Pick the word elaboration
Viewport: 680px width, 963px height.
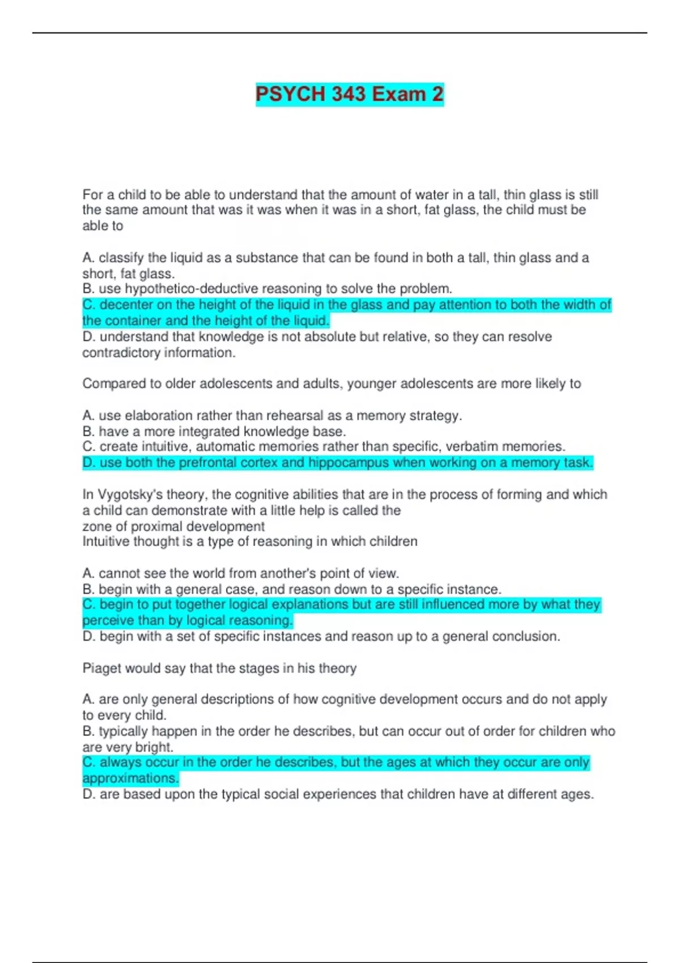click(158, 416)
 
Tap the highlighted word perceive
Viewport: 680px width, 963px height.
click(106, 621)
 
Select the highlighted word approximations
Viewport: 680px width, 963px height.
click(130, 778)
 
